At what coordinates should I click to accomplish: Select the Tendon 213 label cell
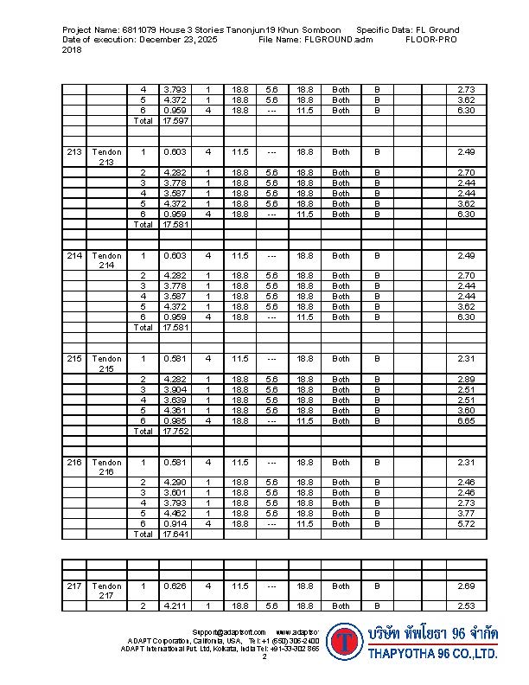[106, 157]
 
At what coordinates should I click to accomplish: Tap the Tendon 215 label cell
[106, 363]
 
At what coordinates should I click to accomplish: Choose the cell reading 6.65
[467, 420]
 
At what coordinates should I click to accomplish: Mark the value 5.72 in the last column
[467, 523]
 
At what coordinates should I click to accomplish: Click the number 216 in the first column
[74, 462]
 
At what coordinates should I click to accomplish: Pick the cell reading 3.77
[467, 513]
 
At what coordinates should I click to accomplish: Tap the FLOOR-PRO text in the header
[430, 40]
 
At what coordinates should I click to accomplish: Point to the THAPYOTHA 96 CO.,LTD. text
[432, 655]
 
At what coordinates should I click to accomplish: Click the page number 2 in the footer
[264, 656]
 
